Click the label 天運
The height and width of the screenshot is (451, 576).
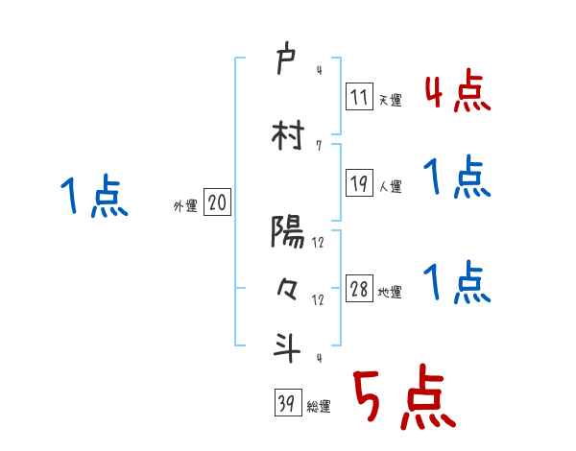[390, 100]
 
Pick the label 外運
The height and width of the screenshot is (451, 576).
[184, 204]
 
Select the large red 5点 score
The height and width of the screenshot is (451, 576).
[403, 398]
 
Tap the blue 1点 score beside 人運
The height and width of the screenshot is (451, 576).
[457, 178]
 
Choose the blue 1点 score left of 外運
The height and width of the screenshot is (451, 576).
[93, 198]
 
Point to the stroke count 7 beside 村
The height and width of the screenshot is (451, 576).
[318, 147]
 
